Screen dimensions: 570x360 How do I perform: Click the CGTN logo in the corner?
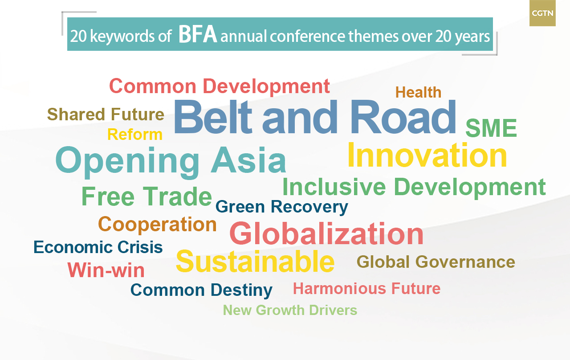coord(542,13)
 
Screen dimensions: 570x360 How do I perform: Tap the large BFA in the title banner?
coord(198,34)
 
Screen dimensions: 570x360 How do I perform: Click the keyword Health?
coord(418,92)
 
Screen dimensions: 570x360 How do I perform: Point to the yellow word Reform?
coord(135,135)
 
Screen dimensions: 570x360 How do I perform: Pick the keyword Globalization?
coord(326,233)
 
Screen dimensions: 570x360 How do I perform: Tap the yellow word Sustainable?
coord(255,261)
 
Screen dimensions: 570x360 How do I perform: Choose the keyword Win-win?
coord(106,270)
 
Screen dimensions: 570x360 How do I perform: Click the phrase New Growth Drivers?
coord(290,310)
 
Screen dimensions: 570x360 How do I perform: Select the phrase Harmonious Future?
coord(366,288)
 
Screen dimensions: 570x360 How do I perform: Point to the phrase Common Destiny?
coord(201,290)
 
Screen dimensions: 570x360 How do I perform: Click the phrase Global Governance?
coord(436,262)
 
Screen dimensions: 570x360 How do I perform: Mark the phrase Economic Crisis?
coord(98,247)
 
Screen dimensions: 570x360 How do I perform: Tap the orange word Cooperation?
coord(157,224)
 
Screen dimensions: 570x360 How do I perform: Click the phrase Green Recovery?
coord(282,207)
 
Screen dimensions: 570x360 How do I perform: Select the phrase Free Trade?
coord(147,196)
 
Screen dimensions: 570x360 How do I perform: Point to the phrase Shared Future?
coord(106,114)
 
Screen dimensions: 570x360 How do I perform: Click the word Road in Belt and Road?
coord(403,117)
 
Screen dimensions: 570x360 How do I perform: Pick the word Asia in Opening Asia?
coord(248,160)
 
